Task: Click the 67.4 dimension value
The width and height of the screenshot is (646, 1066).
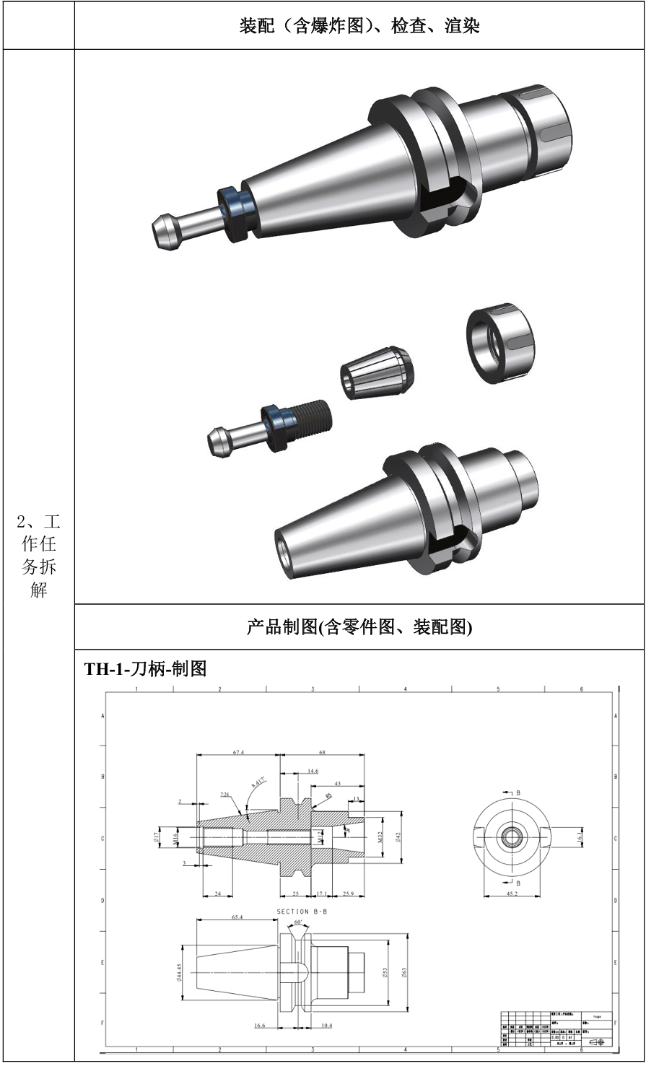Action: tap(237, 752)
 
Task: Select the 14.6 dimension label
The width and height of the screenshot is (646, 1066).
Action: tap(312, 771)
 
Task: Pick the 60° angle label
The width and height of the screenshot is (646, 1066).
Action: tap(299, 922)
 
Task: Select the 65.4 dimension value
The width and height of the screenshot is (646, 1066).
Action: tap(237, 917)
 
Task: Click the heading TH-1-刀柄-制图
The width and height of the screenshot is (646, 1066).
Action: tap(146, 668)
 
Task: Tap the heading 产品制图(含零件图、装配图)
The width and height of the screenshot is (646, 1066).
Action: tap(359, 627)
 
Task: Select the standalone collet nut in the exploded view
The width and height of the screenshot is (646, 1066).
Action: tap(501, 343)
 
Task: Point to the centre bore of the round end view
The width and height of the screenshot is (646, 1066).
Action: tap(511, 838)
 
